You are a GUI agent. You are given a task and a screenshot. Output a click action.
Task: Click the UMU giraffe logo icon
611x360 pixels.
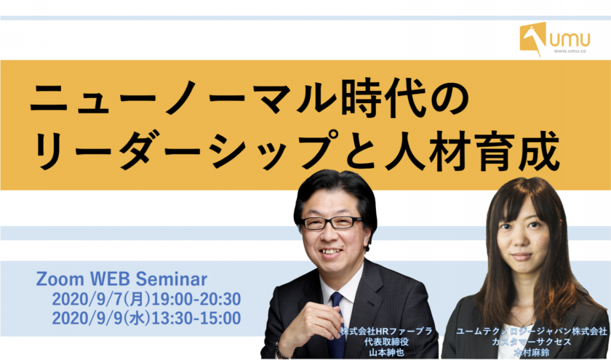tap(533, 38)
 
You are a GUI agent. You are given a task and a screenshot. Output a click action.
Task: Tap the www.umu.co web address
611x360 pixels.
tap(570, 51)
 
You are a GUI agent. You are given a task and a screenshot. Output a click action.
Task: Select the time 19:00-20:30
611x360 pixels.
tap(196, 299)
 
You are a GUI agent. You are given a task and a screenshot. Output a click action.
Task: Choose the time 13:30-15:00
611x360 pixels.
tap(196, 318)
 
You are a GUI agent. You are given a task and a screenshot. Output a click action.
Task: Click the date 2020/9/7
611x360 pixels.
tap(88, 299)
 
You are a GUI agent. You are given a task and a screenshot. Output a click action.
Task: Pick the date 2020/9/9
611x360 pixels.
tap(88, 318)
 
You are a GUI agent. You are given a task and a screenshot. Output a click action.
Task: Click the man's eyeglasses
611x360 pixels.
tap(332, 223)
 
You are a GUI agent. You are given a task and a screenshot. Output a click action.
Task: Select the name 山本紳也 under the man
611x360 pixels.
tap(386, 353)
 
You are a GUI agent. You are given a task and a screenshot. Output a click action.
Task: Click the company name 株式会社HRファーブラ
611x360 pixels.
tap(386, 332)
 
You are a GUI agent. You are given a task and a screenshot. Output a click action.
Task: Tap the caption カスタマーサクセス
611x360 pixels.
tap(532, 342)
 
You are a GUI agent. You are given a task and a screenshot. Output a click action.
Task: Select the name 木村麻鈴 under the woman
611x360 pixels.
tap(532, 353)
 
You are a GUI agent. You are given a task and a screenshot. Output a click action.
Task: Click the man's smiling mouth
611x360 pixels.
tap(330, 252)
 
